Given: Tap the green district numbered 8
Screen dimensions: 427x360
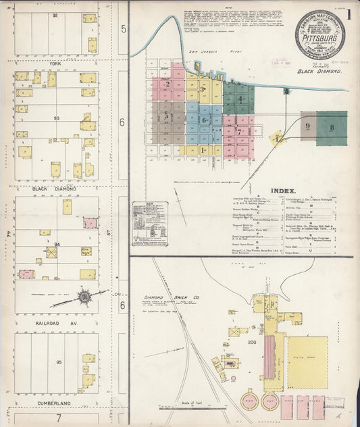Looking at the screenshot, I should click(332, 126).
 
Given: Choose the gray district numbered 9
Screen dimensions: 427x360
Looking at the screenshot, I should click(307, 126).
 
